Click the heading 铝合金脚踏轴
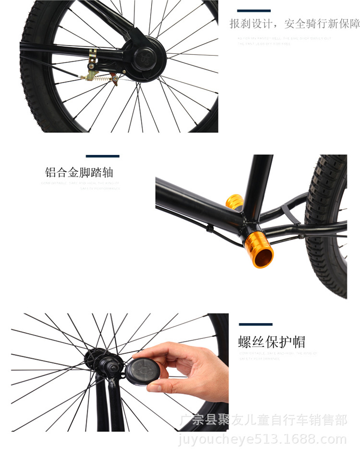click(79, 172)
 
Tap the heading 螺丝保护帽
click(272, 342)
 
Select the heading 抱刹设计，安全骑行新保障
click(294, 23)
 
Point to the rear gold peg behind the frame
click(235, 202)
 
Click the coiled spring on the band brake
click(102, 75)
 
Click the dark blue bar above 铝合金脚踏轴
click(102, 156)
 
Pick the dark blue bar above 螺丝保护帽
click(255, 324)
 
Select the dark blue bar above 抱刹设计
click(254, 11)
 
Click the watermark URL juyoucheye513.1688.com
click(262, 439)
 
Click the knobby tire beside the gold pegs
click(326, 221)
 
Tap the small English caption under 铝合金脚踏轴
click(80, 186)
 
